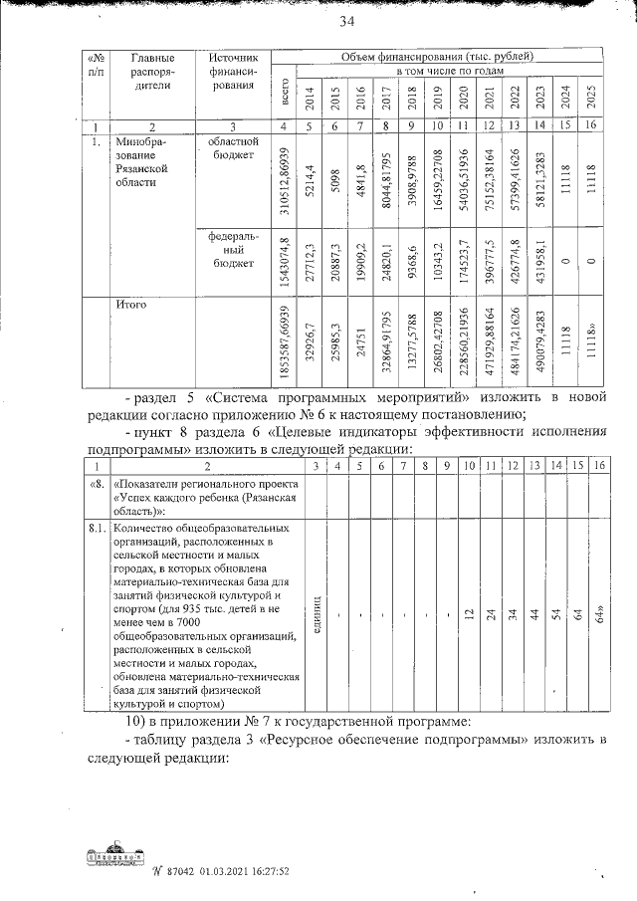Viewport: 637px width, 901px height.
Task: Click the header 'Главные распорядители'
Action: (x=152, y=72)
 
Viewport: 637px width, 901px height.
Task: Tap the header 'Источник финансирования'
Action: (x=233, y=72)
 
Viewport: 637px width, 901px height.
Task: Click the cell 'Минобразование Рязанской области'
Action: (x=144, y=163)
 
